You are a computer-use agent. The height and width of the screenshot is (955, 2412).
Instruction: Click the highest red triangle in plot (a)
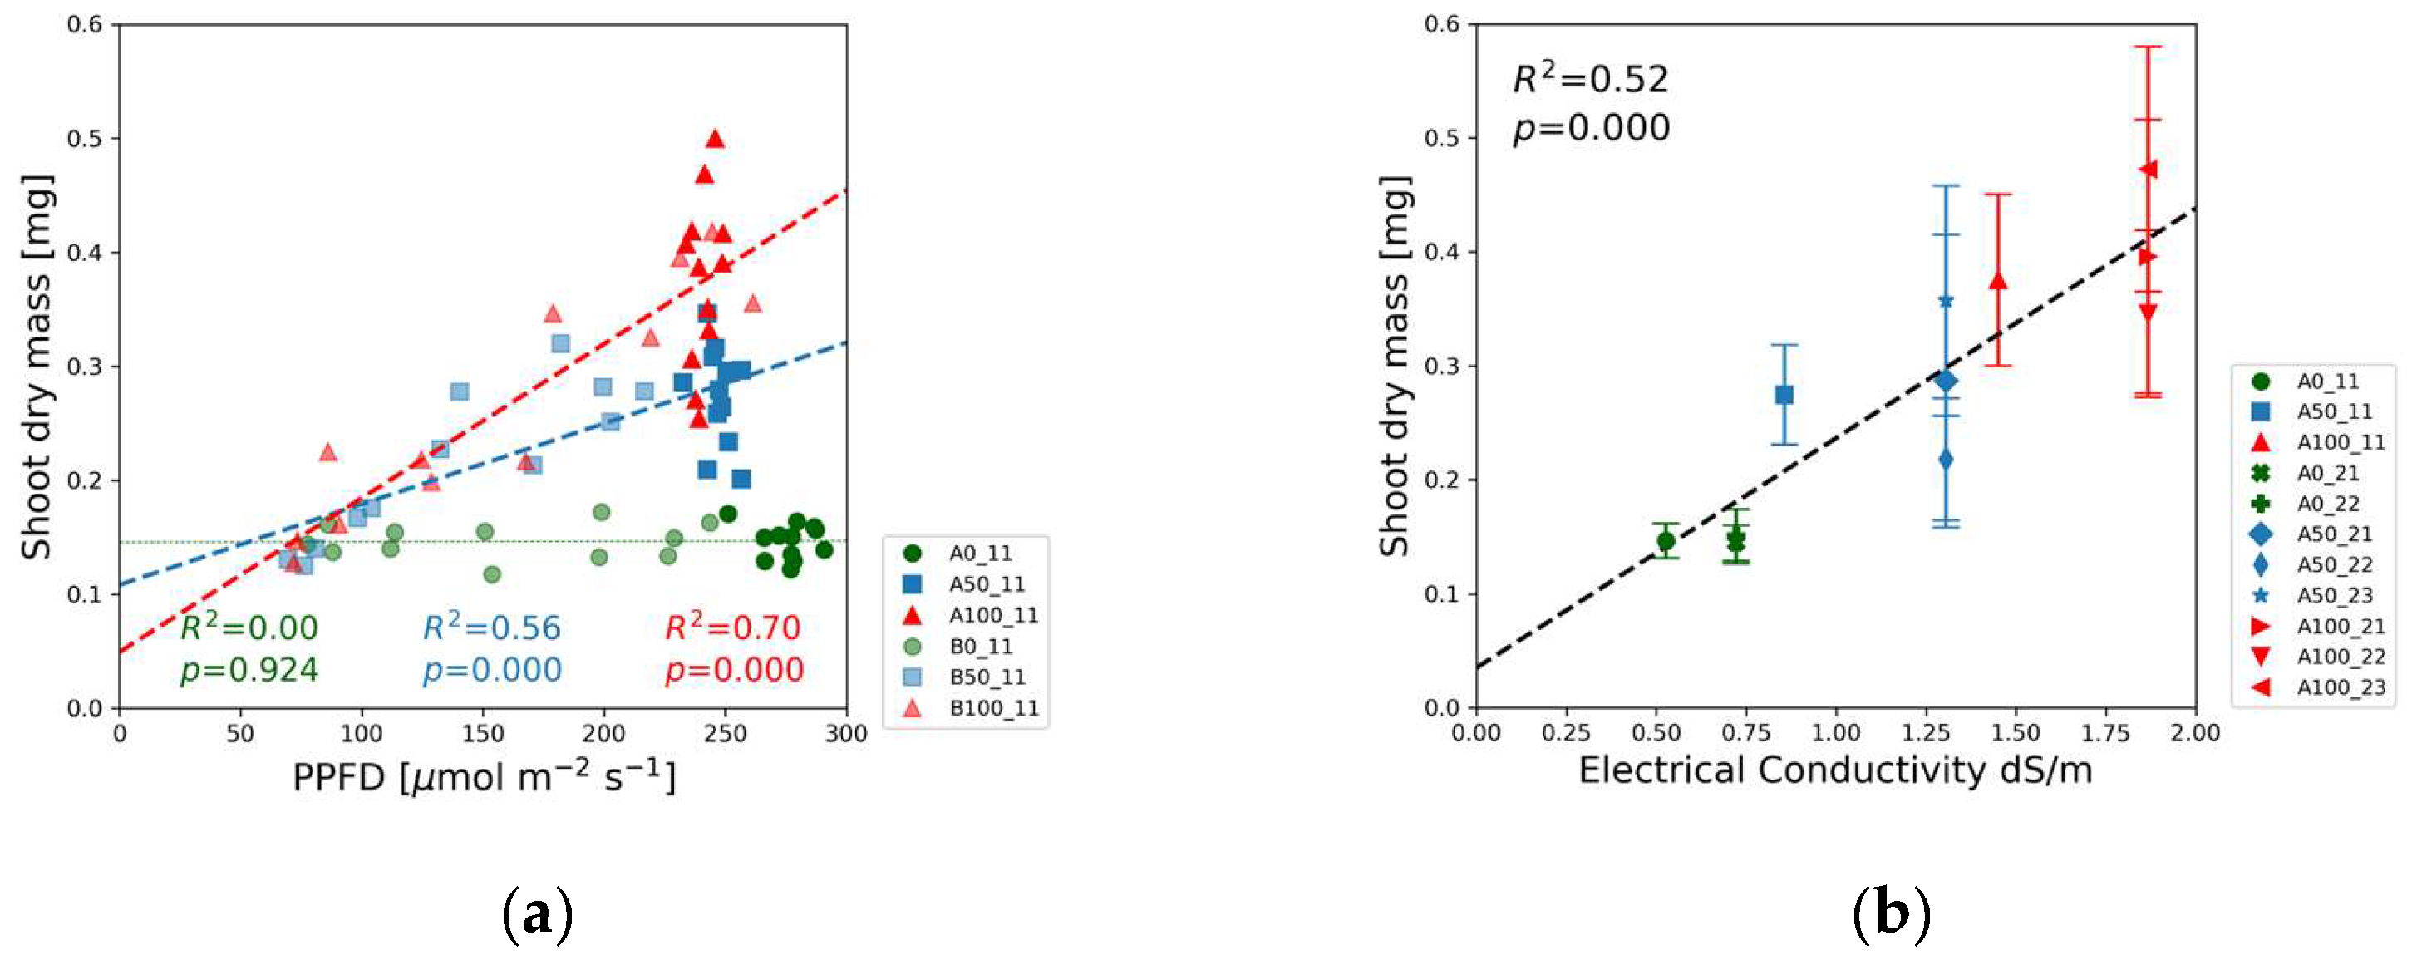point(716,139)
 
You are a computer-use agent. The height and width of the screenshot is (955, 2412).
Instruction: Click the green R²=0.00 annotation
point(249,628)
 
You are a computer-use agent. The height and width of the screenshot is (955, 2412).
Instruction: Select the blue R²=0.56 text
point(490,628)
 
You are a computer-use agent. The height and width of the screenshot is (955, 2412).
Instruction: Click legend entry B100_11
point(993,708)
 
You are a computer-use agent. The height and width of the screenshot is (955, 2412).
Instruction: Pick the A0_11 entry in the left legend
point(979,554)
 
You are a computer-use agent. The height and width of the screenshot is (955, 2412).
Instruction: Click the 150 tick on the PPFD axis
point(483,733)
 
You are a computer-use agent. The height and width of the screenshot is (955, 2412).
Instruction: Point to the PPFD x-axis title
point(483,777)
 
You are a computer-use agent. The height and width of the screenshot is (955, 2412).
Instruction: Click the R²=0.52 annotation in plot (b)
point(1590,80)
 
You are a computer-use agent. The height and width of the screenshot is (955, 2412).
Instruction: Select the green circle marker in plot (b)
point(1666,540)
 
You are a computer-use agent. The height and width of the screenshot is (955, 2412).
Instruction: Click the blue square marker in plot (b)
point(1784,395)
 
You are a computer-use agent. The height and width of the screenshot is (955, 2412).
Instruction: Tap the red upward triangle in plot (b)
point(1998,281)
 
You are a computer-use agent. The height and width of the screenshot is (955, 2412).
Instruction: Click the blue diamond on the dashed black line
point(1946,380)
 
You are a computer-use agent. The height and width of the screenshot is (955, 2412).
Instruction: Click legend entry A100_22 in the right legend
point(2340,657)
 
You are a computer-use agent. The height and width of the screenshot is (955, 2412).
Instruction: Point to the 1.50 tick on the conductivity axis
point(2015,732)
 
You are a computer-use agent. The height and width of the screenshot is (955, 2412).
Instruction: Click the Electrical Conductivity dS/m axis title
point(1835,770)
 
